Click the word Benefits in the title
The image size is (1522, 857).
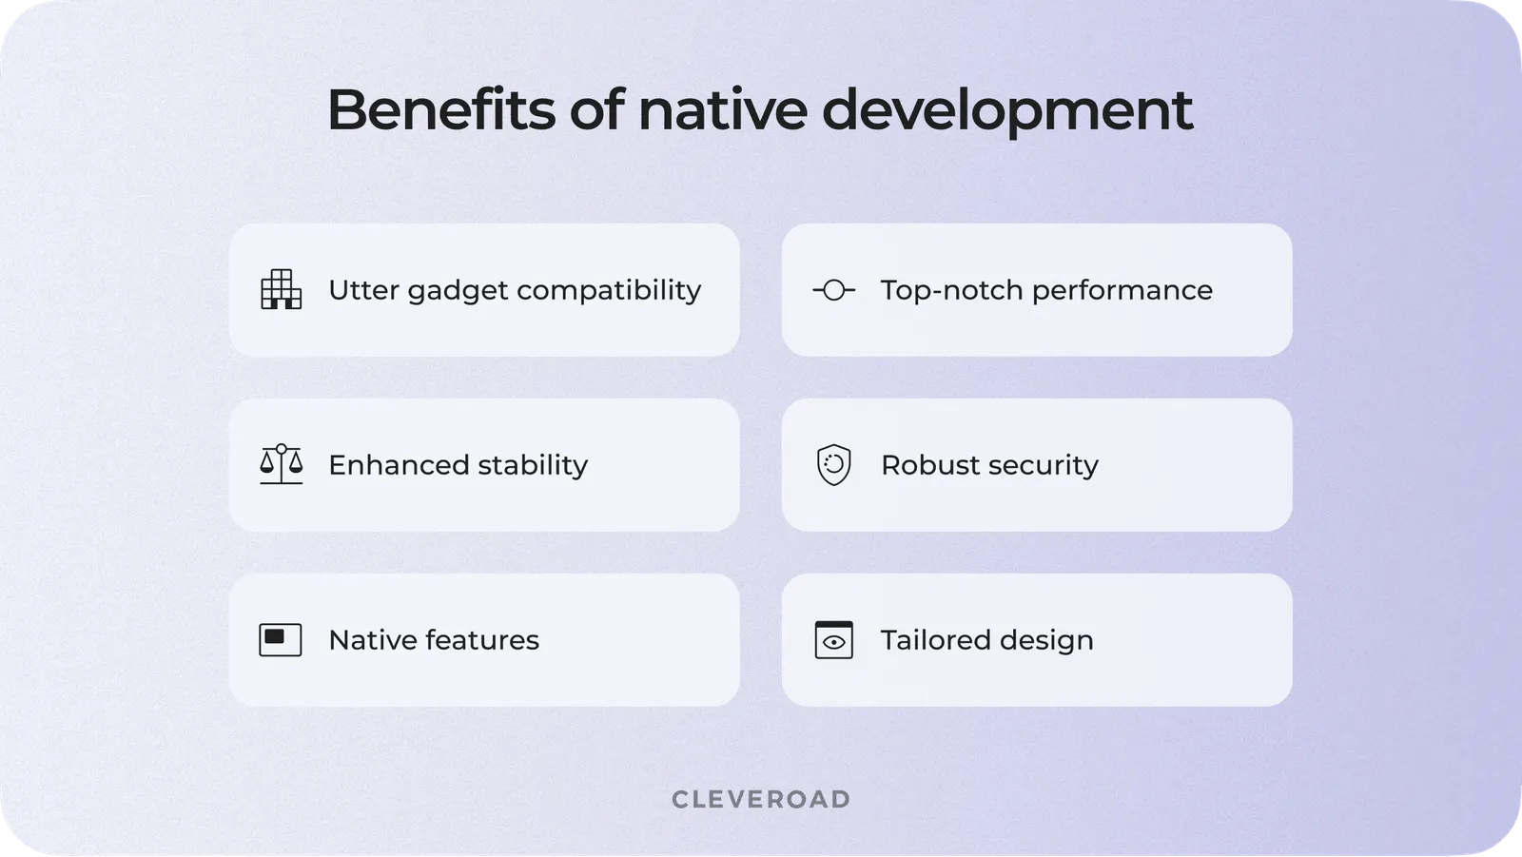pyautogui.click(x=441, y=109)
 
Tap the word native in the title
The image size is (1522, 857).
pyautogui.click(x=723, y=109)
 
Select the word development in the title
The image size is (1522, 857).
pyautogui.click(x=1007, y=113)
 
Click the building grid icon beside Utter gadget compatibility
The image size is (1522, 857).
pyautogui.click(x=281, y=289)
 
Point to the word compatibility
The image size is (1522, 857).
pyautogui.click(x=609, y=291)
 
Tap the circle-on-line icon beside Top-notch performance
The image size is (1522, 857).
pyautogui.click(x=833, y=290)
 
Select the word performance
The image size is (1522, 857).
pyautogui.click(x=1122, y=291)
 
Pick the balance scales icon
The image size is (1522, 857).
pyautogui.click(x=281, y=465)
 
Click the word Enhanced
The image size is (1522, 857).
pyautogui.click(x=399, y=465)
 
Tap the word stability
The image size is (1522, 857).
pyautogui.click(x=533, y=466)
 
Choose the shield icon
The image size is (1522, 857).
pyautogui.click(x=833, y=465)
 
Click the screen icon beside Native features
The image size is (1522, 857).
pyautogui.click(x=281, y=639)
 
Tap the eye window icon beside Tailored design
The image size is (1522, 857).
pyautogui.click(x=833, y=639)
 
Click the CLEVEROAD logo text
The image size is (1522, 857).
pyautogui.click(x=761, y=799)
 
